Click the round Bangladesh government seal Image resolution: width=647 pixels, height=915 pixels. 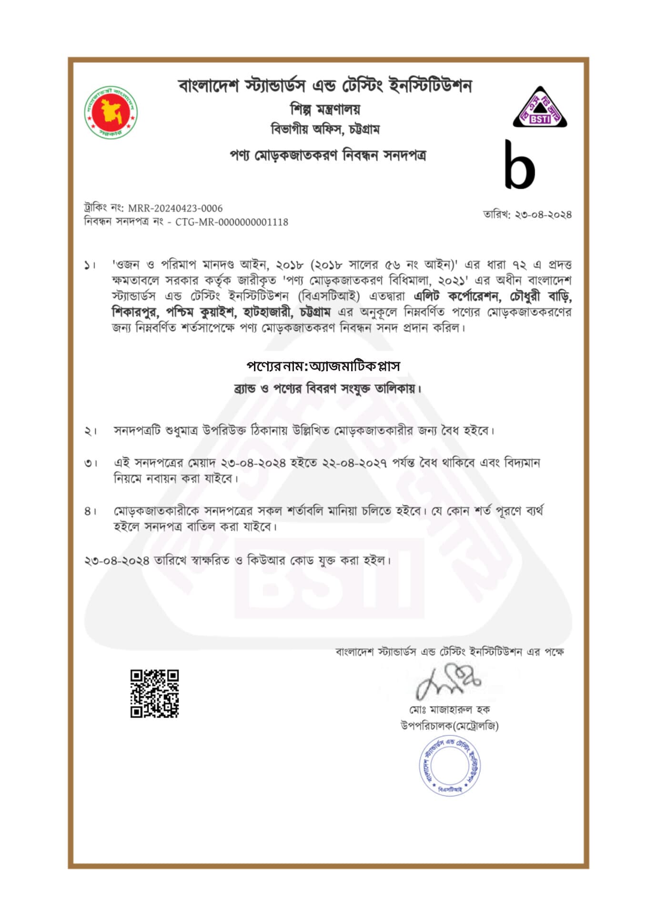coord(111,113)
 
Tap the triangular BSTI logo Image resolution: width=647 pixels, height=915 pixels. coord(539,109)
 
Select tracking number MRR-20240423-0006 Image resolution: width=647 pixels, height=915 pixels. coord(175,208)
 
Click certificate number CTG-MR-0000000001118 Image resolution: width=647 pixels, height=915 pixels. coord(232,222)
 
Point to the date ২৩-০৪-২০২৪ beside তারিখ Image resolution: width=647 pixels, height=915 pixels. coord(543,214)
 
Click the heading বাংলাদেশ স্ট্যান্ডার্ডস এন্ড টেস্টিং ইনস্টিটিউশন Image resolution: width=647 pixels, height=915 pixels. coord(325,86)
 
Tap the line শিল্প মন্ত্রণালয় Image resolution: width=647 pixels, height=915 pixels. coord(325,110)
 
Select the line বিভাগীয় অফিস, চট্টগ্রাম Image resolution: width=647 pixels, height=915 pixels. coord(325,129)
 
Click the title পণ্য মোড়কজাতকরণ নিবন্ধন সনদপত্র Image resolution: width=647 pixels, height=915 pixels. coord(328,155)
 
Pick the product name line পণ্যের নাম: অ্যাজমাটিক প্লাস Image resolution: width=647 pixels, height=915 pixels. coord(323,366)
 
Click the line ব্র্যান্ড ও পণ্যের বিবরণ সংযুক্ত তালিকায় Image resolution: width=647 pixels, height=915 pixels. coord(328,389)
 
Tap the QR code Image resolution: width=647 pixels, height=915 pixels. coord(154,693)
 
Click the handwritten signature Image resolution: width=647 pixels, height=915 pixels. coord(448,682)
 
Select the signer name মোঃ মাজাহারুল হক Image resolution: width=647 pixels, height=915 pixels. coord(449,710)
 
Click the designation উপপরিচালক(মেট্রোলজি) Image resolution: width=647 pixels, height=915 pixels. coord(449,726)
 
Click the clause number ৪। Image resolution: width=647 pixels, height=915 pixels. coord(90,511)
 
